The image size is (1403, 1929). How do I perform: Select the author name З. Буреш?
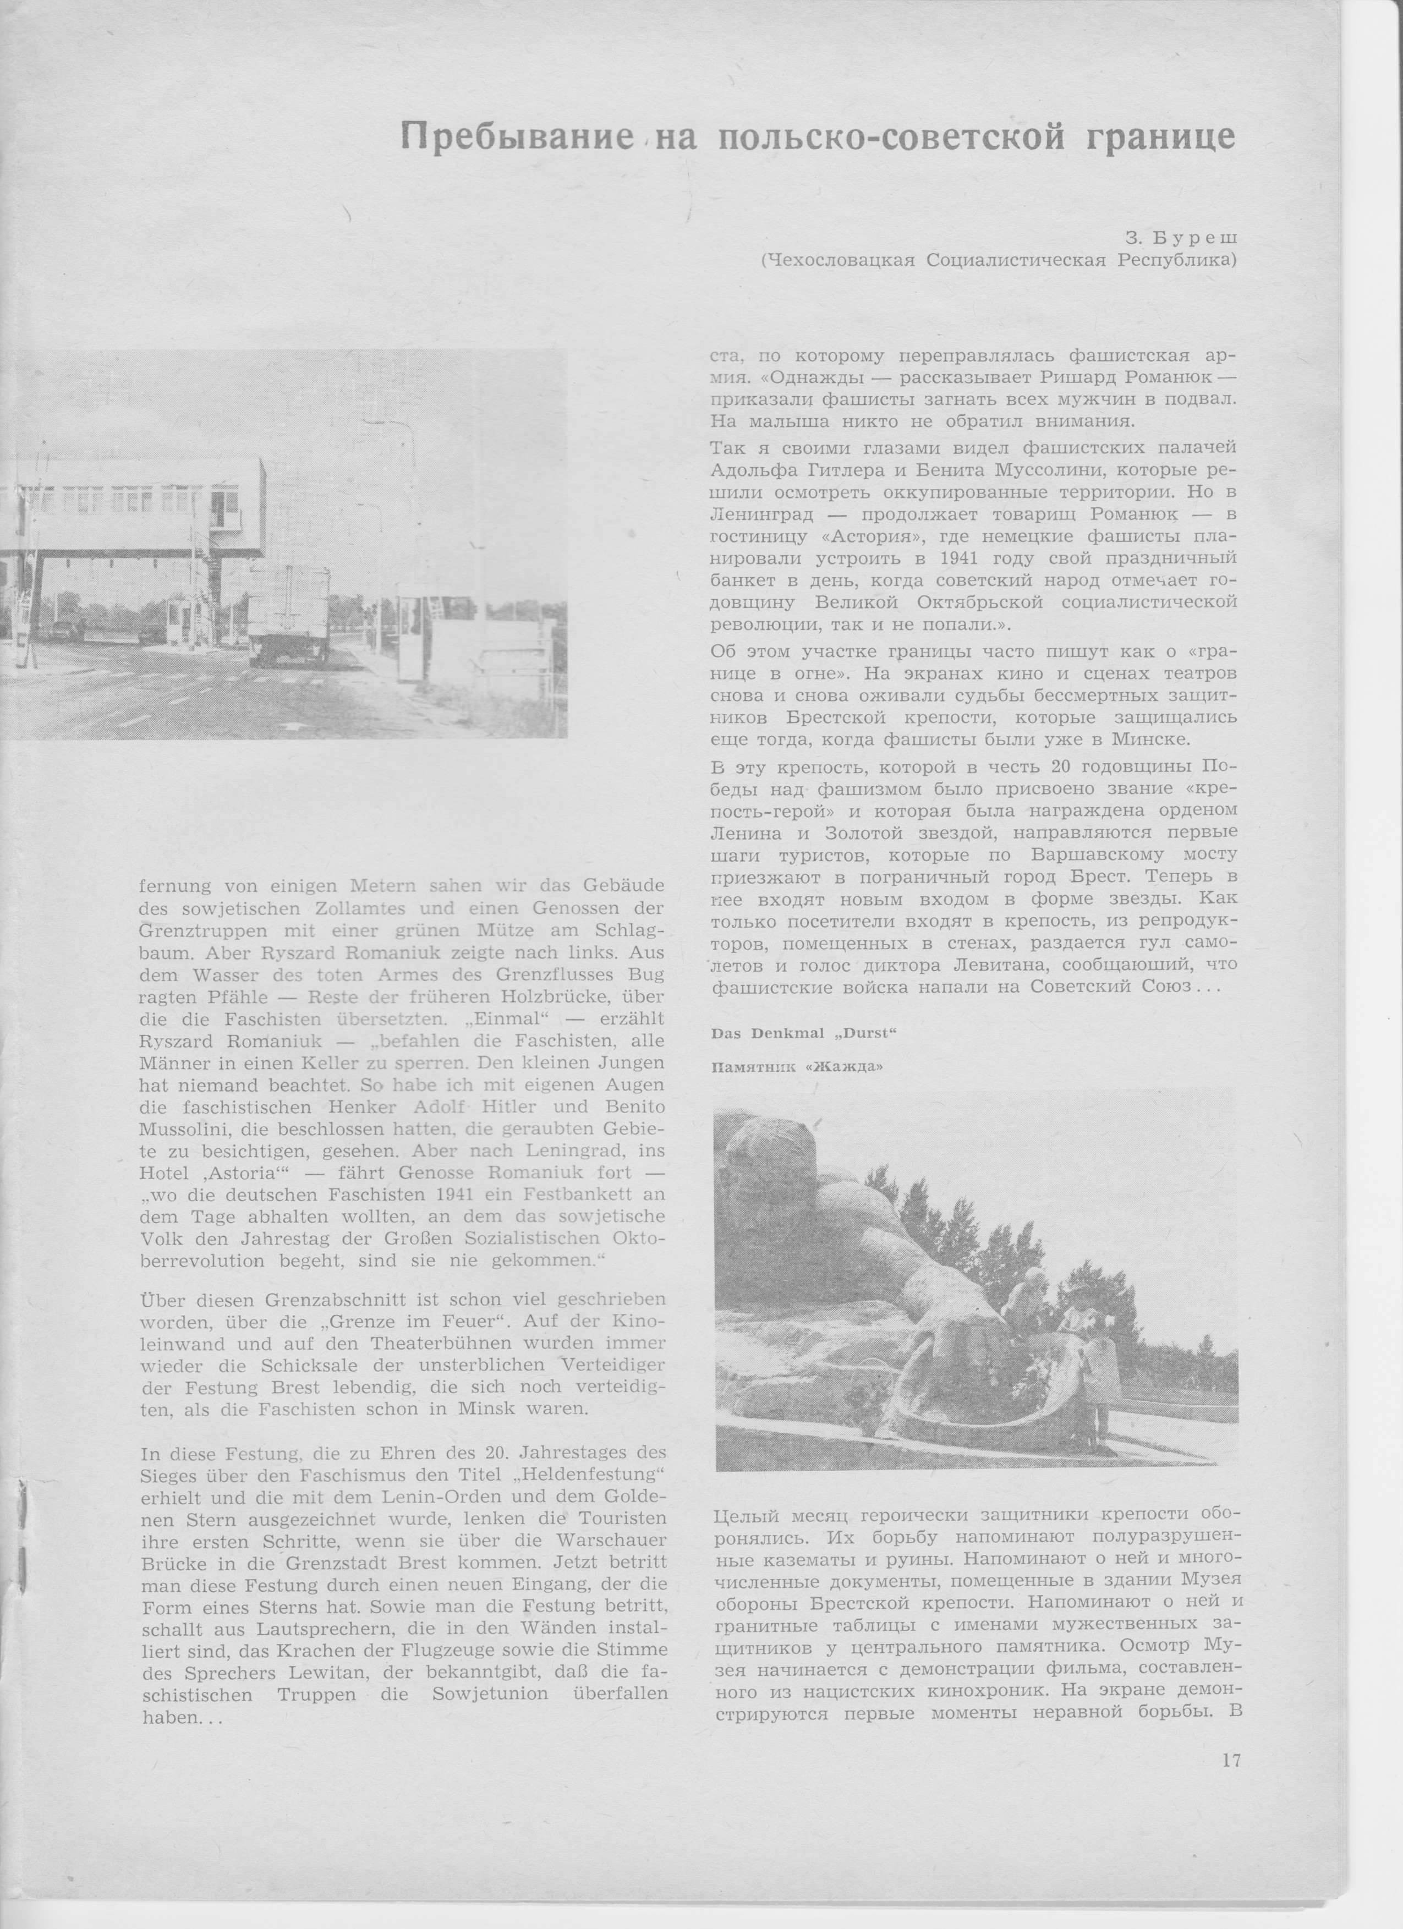pos(1185,238)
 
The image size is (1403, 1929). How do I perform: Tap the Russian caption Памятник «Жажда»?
pos(797,1067)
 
